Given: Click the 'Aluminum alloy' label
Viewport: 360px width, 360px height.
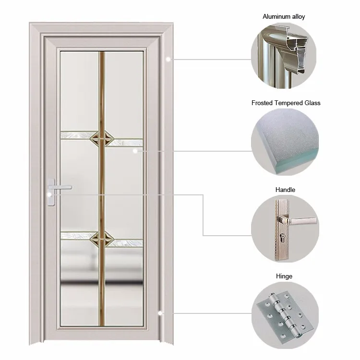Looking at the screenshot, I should pos(284,17).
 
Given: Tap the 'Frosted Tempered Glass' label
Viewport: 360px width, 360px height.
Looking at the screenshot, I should pos(286,103).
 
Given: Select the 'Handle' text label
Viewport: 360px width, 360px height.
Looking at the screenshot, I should pos(286,190).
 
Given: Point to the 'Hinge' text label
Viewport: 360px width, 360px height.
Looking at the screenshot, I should pos(285,276).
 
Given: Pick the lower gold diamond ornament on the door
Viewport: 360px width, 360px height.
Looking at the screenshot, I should pos(101,236).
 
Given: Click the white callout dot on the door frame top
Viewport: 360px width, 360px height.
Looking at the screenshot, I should pos(168,59).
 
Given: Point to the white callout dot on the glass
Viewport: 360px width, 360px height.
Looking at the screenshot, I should pos(136,151).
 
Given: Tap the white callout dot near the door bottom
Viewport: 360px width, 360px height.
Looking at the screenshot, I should pos(160,313).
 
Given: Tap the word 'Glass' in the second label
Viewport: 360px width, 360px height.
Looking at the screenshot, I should pos(312,103).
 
